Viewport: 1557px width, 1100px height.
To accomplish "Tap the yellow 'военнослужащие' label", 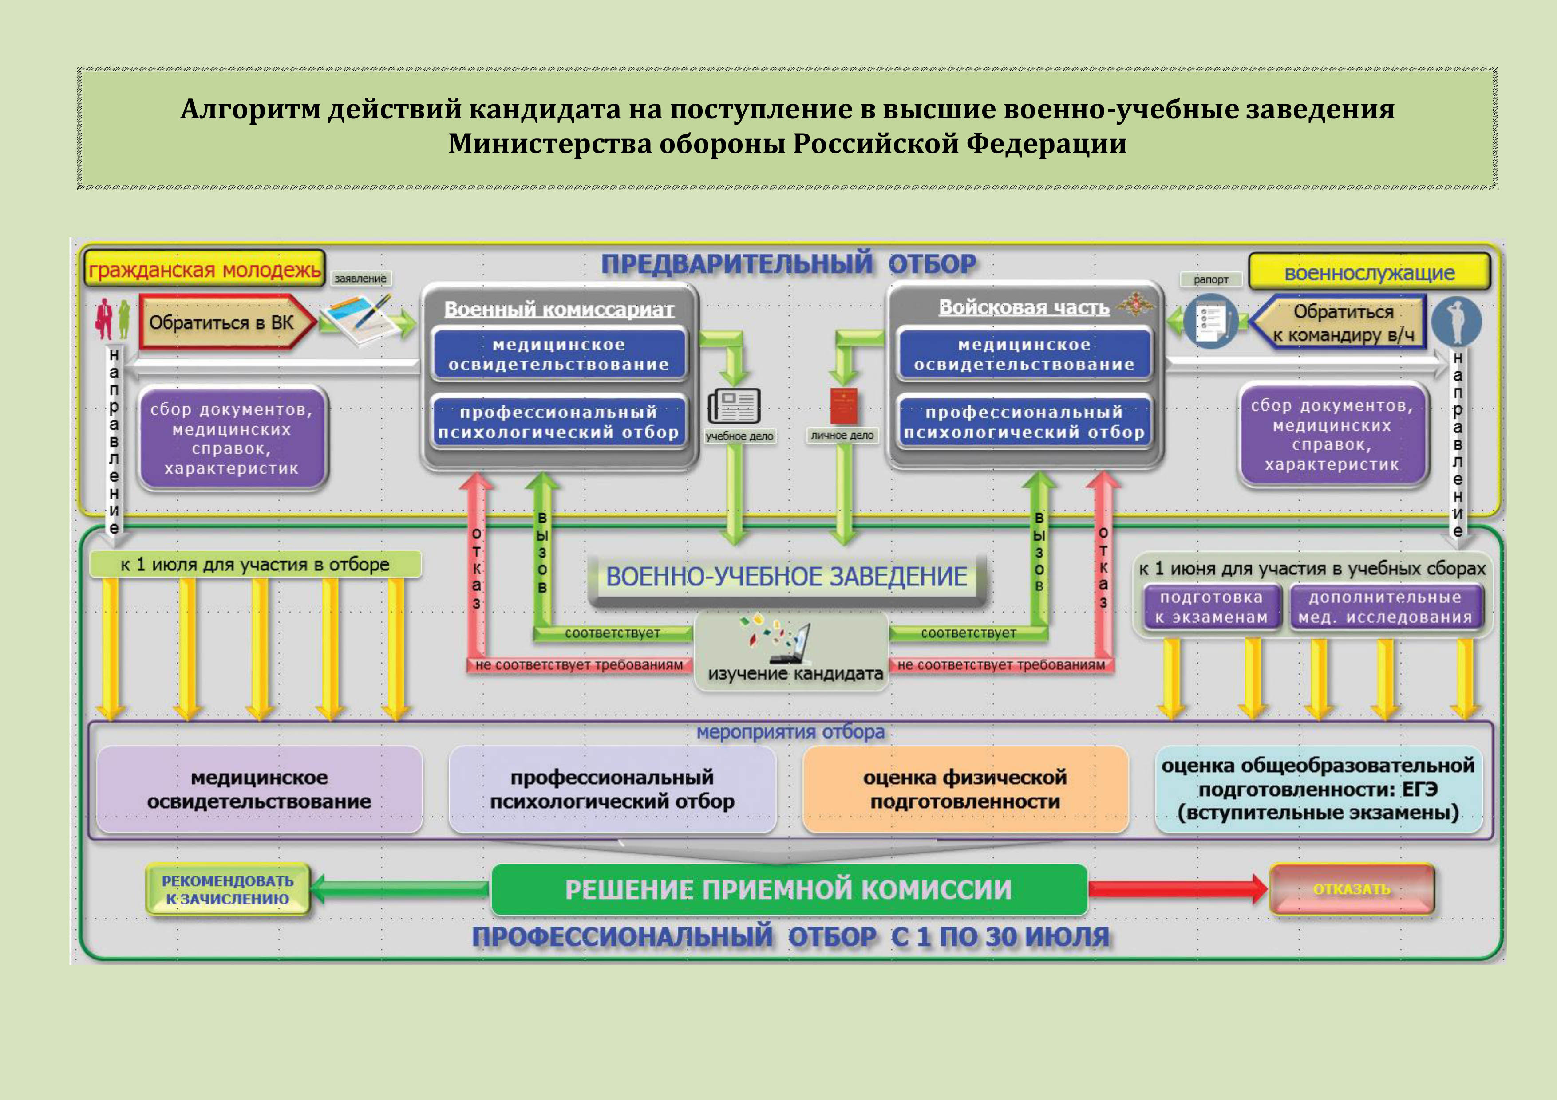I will click(1369, 272).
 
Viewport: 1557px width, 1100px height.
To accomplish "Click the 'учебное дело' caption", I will click(739, 436).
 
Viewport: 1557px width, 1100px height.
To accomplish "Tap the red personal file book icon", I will click(844, 406).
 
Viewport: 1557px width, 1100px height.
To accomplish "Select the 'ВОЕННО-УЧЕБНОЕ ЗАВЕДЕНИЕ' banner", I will click(786, 577).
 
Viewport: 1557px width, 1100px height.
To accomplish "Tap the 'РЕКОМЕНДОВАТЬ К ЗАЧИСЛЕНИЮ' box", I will click(228, 890).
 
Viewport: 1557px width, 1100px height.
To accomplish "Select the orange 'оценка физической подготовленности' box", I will click(965, 789).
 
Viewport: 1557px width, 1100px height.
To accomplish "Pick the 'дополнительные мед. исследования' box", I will click(1385, 607).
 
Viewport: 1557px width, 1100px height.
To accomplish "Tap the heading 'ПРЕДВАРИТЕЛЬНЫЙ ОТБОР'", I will click(788, 263).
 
